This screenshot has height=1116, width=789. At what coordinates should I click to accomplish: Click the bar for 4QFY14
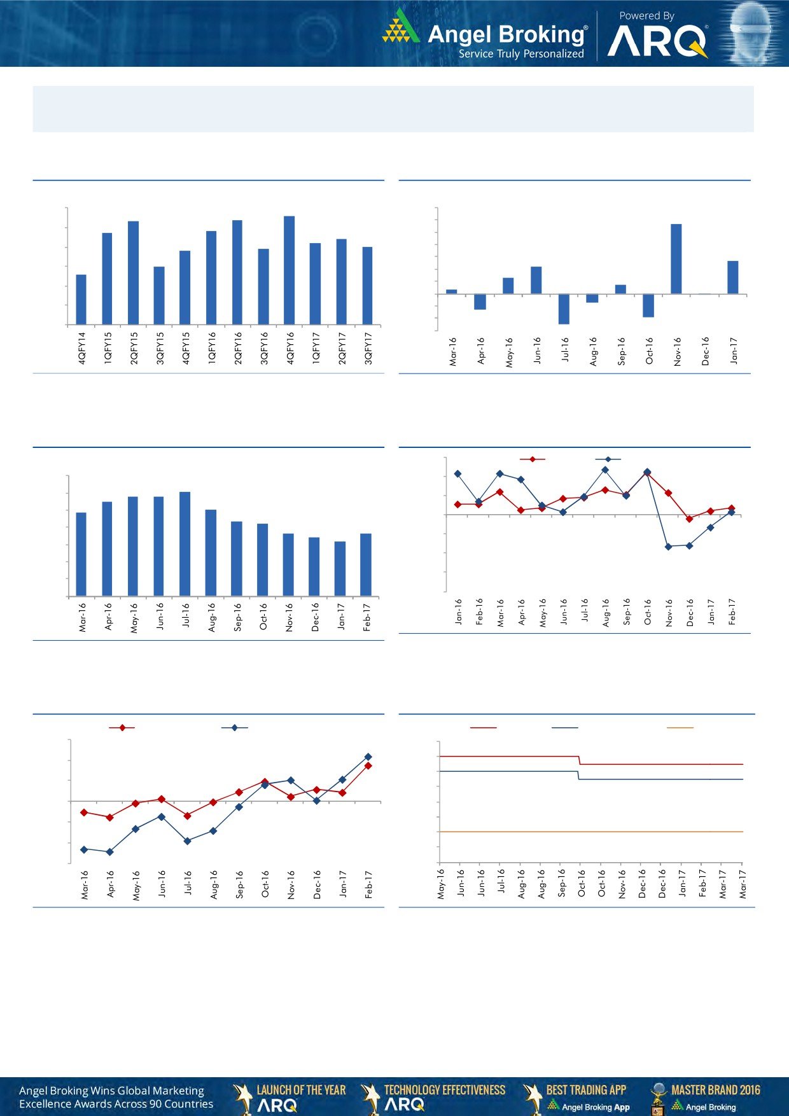coord(81,300)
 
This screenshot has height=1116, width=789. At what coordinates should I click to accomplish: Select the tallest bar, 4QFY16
coord(289,270)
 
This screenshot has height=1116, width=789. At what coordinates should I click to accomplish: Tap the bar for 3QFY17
coord(367,286)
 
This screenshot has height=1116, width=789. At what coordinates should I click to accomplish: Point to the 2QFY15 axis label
coord(134,348)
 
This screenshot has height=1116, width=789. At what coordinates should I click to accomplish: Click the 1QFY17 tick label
coord(316,348)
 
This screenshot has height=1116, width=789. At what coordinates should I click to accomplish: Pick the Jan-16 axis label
coord(459,611)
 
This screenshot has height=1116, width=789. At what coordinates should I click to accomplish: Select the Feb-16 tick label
coord(480,611)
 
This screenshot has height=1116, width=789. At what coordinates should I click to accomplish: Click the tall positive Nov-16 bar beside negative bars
coord(676,259)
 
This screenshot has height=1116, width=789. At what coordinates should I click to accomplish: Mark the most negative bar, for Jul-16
coord(564,309)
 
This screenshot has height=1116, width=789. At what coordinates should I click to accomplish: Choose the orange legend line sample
coord(680,728)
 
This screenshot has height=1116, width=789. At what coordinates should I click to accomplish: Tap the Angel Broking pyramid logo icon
coord(401,27)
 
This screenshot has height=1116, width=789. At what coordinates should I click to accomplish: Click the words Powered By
coord(646,16)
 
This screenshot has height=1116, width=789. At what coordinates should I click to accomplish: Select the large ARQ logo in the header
coord(657,43)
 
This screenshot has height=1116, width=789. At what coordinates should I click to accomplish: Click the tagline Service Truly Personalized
coord(521,54)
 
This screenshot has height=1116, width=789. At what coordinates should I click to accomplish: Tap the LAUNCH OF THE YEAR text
coord(301,1090)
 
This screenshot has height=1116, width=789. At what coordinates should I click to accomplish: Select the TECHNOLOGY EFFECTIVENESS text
coord(445,1090)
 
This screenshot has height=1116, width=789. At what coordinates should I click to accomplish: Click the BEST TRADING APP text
coord(586,1090)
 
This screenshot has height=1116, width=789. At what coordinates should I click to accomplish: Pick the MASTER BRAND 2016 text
coord(715,1090)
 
